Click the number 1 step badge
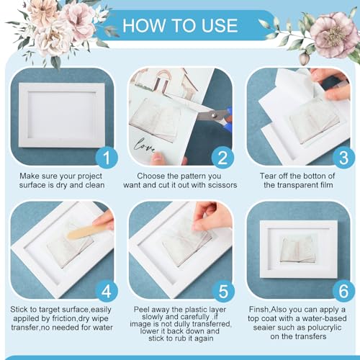tap(107, 158)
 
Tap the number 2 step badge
tap(223, 158)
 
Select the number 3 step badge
tap(343, 158)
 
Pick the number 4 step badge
tap(107, 292)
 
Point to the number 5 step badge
tap(223, 292)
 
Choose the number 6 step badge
tap(343, 292)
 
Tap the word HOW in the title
tap(144, 25)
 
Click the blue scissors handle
tap(228, 117)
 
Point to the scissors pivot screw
tap(215, 115)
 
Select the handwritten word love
tap(145, 145)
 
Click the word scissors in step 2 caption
tap(222, 185)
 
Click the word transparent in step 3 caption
tap(298, 186)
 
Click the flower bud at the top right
tap(303, 58)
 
